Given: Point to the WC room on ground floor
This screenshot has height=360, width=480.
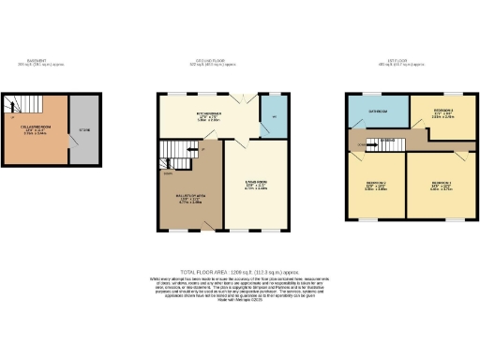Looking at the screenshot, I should pyautogui.click(x=275, y=117).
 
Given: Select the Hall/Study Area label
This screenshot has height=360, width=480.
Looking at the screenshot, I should pyautogui.click(x=190, y=197).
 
